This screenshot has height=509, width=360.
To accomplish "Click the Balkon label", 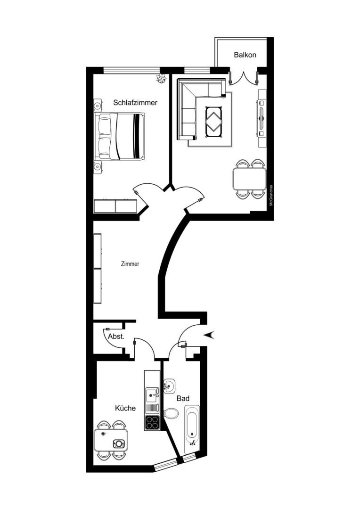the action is click(x=245, y=55).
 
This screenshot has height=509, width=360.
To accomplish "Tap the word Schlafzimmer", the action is click(x=135, y=103).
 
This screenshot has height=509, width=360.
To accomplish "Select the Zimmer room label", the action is click(x=130, y=264).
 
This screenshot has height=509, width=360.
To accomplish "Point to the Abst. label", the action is click(x=116, y=337).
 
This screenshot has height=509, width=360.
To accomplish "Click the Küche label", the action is click(x=125, y=408).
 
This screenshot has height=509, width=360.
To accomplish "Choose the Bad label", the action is click(x=183, y=398).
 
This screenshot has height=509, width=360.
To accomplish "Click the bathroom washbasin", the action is click(x=169, y=386).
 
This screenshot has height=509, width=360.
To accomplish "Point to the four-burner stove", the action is click(x=152, y=422).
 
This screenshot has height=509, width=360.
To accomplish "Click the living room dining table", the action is click(x=250, y=179).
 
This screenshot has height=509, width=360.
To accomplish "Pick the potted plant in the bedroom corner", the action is click(x=161, y=79).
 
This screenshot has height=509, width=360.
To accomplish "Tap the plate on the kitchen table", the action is click(x=118, y=443).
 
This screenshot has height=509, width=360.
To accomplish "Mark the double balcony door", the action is click(x=244, y=77).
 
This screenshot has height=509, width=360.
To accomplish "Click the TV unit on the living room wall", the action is click(x=262, y=118).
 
